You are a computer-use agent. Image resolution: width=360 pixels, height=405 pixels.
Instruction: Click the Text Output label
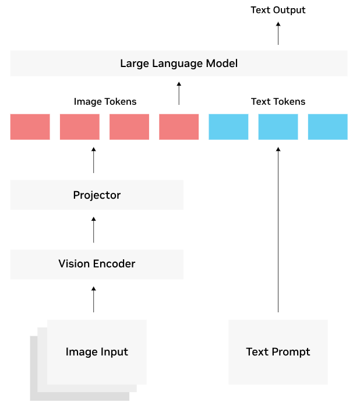[278, 10]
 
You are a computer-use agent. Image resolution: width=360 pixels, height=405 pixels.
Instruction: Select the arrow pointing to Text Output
[278, 33]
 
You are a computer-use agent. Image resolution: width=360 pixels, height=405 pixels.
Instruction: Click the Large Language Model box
[179, 64]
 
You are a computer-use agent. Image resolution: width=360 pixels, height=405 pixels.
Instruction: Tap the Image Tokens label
[105, 101]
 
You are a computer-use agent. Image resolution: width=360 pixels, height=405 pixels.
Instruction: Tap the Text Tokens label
[278, 101]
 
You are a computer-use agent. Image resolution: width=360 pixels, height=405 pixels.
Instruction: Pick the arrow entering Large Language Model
[179, 93]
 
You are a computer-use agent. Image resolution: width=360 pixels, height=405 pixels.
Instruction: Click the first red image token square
[30, 127]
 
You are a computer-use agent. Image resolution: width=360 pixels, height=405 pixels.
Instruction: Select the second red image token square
[80, 127]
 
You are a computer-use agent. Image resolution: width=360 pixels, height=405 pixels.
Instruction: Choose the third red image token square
[129, 127]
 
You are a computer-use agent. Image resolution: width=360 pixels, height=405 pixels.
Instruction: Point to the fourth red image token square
[179, 127]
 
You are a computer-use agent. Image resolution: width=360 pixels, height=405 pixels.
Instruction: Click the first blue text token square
[228, 127]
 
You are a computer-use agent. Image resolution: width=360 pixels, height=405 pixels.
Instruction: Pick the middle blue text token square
[278, 127]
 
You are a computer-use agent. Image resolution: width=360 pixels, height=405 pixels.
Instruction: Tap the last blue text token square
[328, 127]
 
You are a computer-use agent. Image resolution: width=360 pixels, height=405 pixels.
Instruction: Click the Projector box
[97, 195]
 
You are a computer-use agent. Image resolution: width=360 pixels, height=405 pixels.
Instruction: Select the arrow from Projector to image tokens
[93, 160]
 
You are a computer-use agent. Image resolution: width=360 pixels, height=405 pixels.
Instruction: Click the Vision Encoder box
[97, 265]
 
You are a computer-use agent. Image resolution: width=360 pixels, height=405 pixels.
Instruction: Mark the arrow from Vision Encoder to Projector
[93, 230]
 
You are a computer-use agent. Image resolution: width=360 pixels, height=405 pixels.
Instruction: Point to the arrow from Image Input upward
[93, 300]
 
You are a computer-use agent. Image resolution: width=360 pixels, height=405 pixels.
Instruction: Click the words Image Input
[97, 352]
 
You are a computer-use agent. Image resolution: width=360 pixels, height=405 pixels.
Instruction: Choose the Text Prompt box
[278, 352]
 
